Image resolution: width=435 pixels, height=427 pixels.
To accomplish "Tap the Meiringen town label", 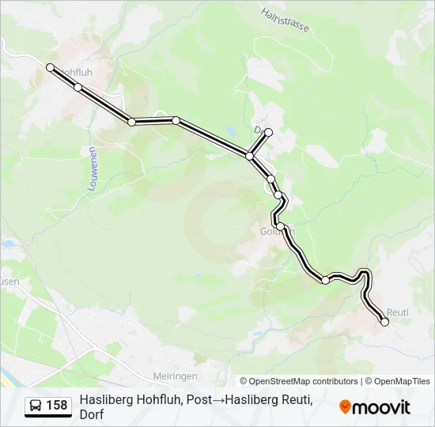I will [x=175, y=376].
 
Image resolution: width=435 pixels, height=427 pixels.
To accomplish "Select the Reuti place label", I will [x=398, y=312].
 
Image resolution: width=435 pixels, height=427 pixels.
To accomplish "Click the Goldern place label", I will [x=277, y=232].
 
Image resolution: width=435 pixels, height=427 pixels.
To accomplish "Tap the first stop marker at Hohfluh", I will [x=51, y=68].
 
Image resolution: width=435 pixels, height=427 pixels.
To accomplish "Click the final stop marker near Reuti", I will [x=385, y=322].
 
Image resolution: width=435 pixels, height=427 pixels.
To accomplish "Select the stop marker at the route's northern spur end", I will [x=269, y=132].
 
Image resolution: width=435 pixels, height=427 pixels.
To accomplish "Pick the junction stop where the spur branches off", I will [x=250, y=156].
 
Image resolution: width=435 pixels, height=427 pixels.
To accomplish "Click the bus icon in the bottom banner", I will [x=36, y=406].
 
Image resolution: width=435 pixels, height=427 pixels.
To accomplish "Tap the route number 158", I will [x=57, y=406].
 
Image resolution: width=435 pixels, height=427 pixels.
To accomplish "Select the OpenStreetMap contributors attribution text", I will [x=299, y=381].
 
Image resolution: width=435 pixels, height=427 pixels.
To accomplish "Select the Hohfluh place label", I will [x=76, y=72].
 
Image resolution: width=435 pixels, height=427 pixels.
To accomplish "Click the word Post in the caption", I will [x=199, y=400].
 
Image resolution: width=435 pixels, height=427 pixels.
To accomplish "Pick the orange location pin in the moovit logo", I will [x=345, y=406].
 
